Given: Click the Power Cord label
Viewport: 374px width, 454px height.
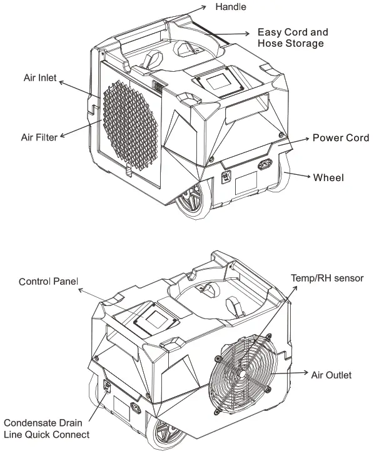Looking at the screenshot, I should coord(340,138).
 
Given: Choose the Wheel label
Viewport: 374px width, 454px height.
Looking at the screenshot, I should coord(328,177).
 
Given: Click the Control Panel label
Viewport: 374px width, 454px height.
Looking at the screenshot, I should coord(48,282).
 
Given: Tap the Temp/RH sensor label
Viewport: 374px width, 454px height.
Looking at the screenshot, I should coord(327,277).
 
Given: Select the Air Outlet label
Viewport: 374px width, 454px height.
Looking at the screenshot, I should coord(331,375).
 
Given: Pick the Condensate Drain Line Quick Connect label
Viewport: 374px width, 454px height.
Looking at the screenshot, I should coord(46,428).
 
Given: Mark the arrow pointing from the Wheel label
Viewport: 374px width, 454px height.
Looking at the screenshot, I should coord(300,175).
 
